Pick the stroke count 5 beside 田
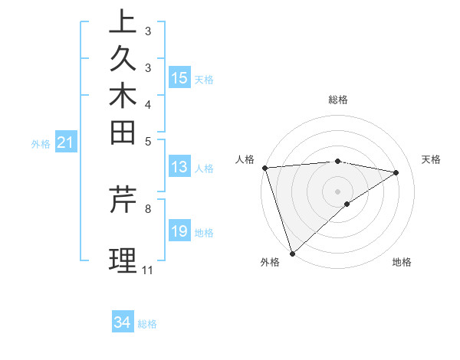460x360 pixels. tap(147, 141)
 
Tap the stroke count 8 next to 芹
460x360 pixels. tap(147, 208)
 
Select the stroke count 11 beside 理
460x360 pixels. tap(147, 270)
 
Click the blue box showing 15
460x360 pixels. tap(179, 77)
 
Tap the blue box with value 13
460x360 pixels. tap(179, 167)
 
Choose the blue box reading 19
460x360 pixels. tap(179, 231)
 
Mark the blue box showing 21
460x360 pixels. tap(66, 142)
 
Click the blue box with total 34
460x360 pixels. tap(123, 322)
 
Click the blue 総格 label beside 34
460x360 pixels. tap(147, 324)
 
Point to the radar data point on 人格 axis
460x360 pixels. tap(264, 168)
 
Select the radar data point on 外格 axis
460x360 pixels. tap(292, 253)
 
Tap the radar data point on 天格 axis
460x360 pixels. tap(396, 172)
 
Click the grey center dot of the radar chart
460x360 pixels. tap(337, 191)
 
